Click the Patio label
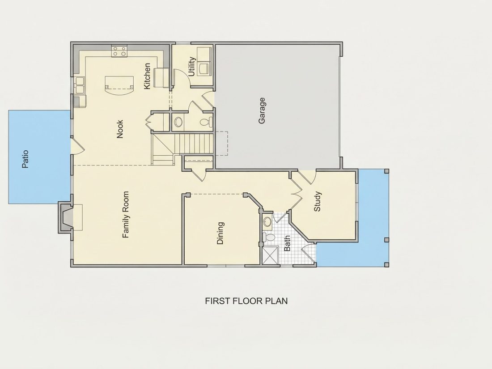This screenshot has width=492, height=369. pos(25,159)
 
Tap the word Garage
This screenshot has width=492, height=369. pos(262,110)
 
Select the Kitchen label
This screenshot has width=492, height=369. pos(147,76)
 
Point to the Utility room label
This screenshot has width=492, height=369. pos(192,66)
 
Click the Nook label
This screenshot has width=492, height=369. pos(120,129)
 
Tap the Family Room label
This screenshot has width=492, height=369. pos(126,215)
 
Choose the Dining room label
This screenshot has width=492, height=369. pos(221,233)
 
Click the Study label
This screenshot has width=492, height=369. pos(317,201)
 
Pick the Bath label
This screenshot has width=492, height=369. pos(287,243)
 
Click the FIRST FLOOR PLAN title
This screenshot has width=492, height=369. pos(246,301)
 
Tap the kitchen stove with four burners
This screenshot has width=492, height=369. pos(119,51)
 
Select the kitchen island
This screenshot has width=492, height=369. pos(119,86)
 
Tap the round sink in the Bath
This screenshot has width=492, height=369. pos(267,221)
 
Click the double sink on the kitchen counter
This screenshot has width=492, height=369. pos(79,85)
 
